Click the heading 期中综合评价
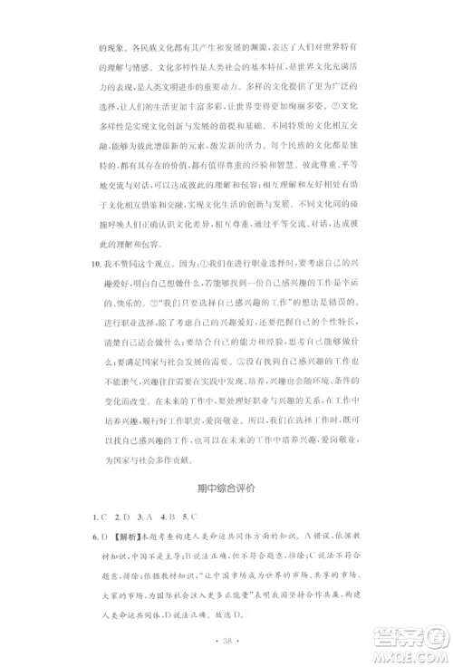[226, 488]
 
